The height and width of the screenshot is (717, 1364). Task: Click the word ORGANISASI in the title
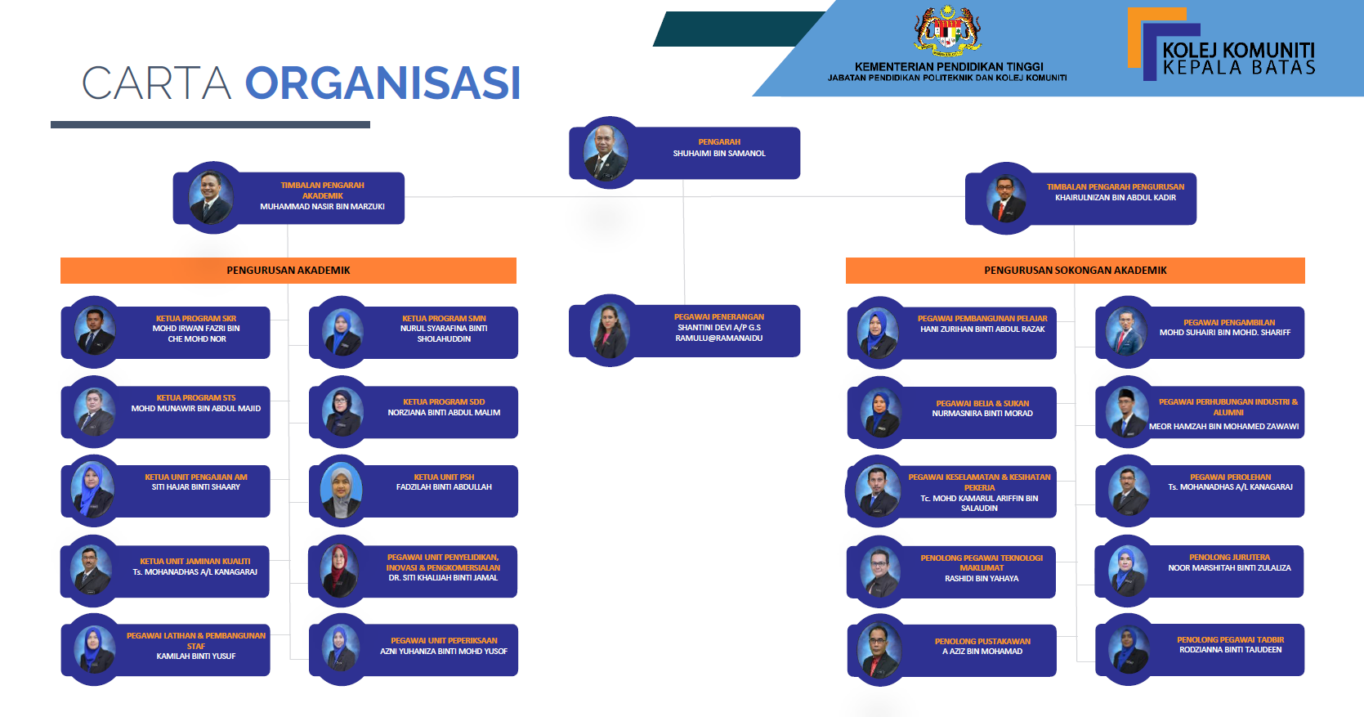tap(383, 83)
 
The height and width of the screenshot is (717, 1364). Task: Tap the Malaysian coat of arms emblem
tap(947, 30)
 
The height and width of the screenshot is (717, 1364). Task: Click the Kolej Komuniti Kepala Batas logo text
tap(1239, 58)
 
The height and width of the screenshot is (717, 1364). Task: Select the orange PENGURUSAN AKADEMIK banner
tap(288, 271)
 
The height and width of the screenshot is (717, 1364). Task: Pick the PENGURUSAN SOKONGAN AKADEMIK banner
tap(1076, 271)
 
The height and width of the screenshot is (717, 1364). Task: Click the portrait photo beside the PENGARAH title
tap(606, 153)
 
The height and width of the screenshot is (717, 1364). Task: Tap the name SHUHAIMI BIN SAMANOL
tap(719, 154)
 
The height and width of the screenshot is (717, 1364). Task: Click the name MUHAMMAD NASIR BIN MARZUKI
tap(322, 207)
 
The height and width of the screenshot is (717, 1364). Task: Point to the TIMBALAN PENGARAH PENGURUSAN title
tap(1116, 187)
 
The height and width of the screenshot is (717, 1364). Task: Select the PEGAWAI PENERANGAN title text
tap(719, 316)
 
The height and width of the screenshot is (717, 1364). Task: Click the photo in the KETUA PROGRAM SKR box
tap(94, 331)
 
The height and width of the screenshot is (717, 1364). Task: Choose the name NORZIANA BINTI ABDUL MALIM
tap(444, 412)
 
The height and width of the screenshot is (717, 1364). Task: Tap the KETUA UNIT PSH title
tap(444, 477)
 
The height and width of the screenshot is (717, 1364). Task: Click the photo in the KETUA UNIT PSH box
tap(341, 491)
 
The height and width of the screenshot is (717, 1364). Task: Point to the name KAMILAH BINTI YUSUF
tap(196, 656)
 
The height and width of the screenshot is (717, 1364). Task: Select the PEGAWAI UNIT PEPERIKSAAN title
tap(444, 641)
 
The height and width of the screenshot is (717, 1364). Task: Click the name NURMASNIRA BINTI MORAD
tap(982, 414)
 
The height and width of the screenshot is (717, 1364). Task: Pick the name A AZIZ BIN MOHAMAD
tap(982, 652)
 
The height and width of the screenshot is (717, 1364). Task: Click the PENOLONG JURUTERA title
tap(1229, 558)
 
